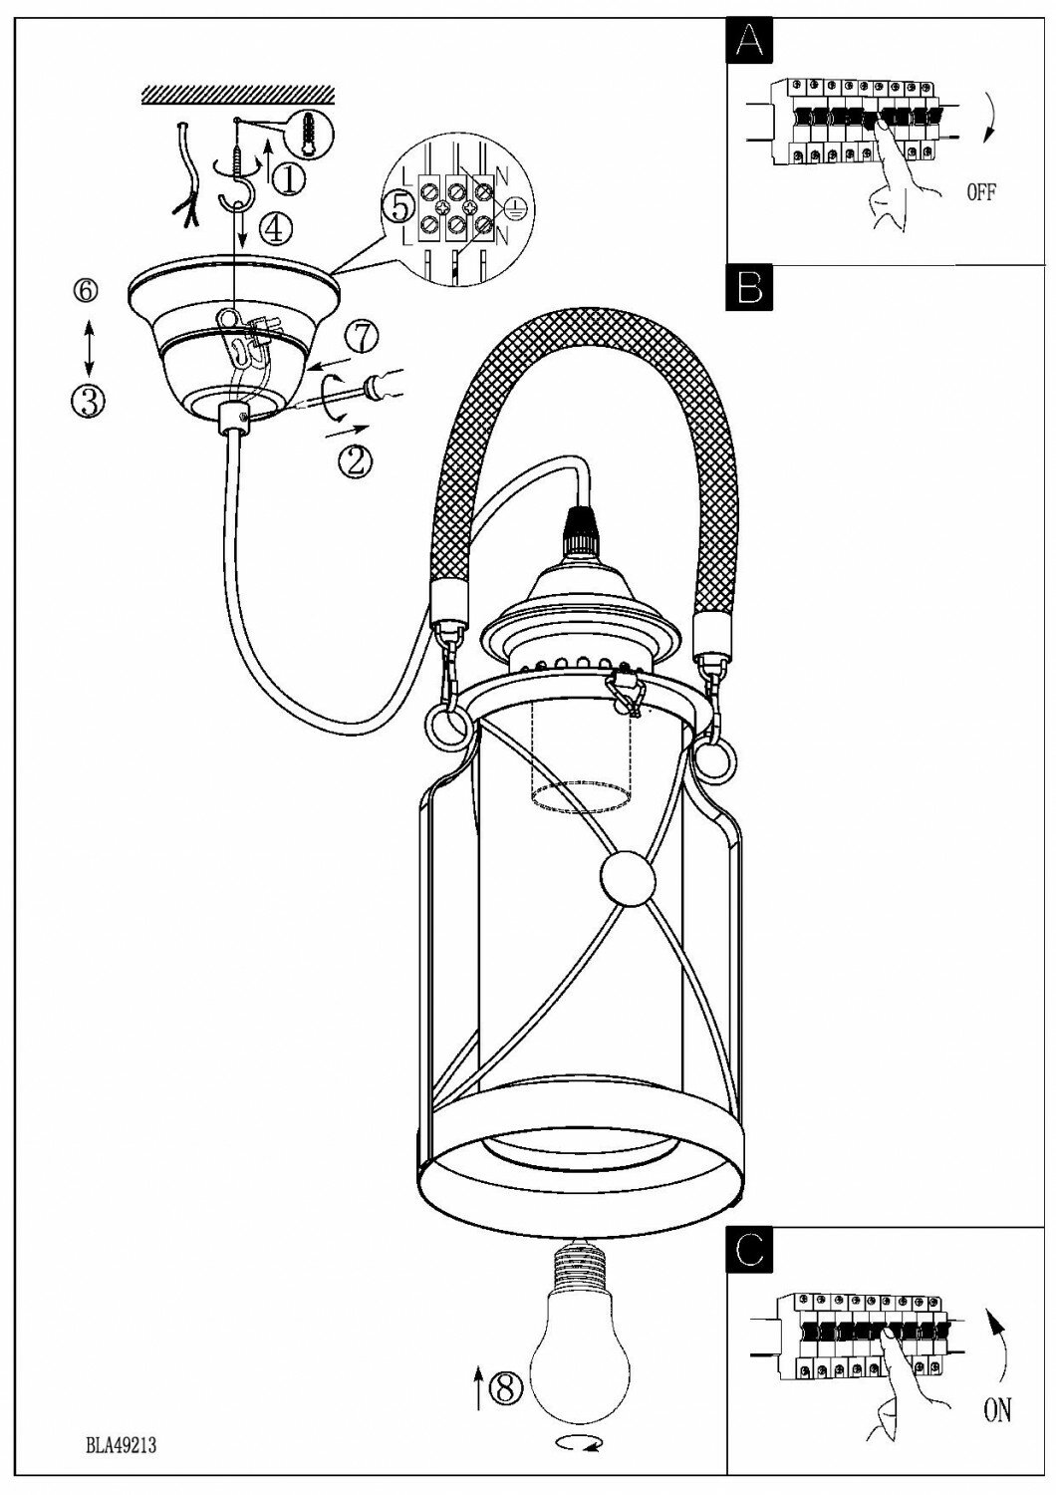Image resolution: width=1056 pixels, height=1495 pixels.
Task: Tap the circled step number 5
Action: pyautogui.click(x=398, y=206)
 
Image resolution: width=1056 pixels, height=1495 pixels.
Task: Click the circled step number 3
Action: pyautogui.click(x=88, y=401)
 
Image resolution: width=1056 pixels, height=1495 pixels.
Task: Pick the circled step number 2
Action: pyautogui.click(x=356, y=459)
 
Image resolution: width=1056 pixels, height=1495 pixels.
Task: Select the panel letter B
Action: pyautogui.click(x=750, y=289)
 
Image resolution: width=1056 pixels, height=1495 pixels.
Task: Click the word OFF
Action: pyautogui.click(x=980, y=193)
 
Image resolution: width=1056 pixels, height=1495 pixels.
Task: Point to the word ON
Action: pyautogui.click(x=996, y=1409)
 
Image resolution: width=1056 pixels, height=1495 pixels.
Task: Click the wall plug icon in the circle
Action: pyautogui.click(x=311, y=131)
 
